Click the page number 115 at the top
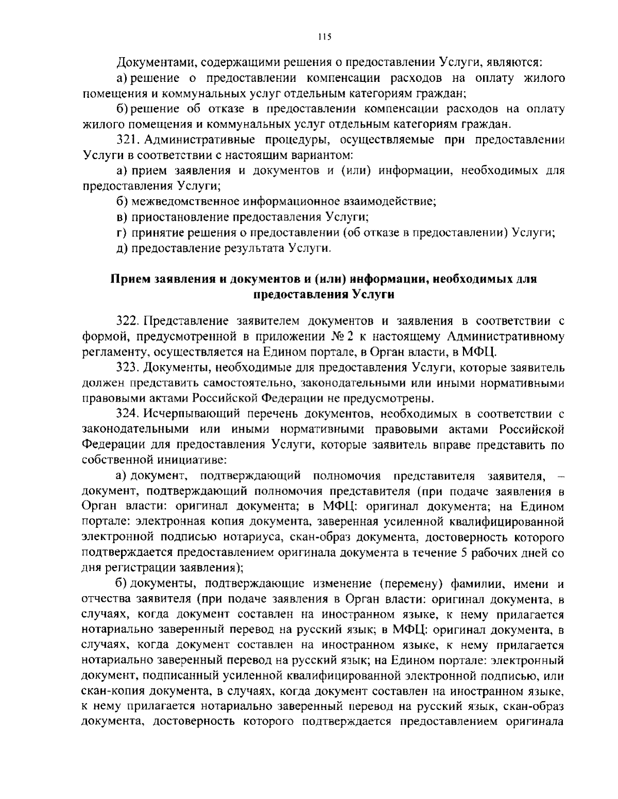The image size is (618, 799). [x=324, y=37]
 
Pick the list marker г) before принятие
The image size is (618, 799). [x=122, y=232]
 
